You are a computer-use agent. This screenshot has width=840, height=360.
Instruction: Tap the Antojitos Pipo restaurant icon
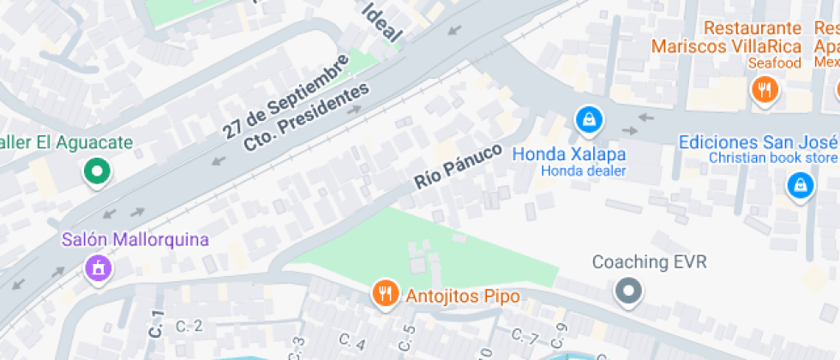coord(386,294)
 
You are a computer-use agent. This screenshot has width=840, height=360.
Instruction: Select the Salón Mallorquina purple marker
coord(99,267)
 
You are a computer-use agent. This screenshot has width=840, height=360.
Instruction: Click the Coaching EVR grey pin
coord(629,291)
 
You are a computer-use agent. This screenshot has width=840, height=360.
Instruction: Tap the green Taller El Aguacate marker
coord(97,171)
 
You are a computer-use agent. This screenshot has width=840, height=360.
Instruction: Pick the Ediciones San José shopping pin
coord(799,183)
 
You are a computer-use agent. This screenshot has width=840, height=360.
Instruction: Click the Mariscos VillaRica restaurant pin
coord(763,88)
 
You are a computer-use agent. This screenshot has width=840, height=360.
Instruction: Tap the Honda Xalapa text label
coord(568,154)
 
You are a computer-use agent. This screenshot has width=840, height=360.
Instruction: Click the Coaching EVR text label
coord(649,262)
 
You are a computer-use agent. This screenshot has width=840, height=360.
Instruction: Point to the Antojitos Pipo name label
coord(464,296)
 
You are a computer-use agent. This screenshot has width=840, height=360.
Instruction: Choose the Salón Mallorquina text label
coord(135,239)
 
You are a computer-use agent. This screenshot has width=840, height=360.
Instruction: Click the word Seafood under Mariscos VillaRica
coord(774,63)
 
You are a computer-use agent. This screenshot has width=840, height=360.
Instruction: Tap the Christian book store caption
coord(773,158)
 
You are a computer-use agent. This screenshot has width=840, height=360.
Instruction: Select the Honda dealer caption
coord(583,171)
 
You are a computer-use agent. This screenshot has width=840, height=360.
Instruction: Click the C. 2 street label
coord(189,326)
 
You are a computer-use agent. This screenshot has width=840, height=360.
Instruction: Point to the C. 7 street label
coord(524,334)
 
